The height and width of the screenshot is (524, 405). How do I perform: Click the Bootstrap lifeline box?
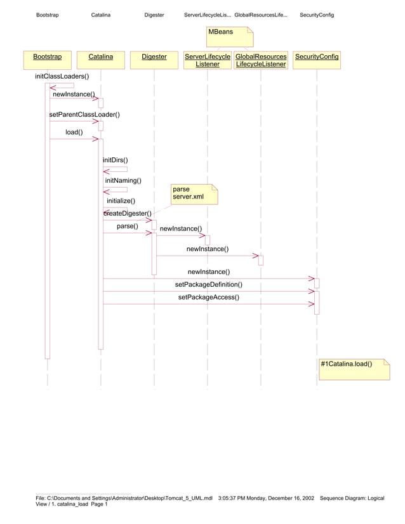coord(48,56)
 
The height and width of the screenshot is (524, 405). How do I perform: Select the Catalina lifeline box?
coord(101,56)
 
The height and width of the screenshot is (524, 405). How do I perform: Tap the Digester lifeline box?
coord(154,56)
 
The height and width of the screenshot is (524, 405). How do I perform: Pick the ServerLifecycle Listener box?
coord(208,60)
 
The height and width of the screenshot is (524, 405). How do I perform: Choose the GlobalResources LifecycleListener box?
coord(261,60)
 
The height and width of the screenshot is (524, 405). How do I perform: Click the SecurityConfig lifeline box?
coord(317,56)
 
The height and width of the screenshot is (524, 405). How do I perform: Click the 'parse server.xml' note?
coord(194,193)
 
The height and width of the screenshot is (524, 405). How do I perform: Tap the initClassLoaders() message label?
coord(62,76)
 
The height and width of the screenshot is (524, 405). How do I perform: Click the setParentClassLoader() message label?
coord(84,115)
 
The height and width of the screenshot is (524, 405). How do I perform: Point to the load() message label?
coord(74,133)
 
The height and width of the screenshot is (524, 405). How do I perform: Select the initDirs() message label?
coord(116,160)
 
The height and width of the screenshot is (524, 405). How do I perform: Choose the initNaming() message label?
coord(123,181)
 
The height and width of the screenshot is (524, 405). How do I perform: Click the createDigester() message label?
coord(128,214)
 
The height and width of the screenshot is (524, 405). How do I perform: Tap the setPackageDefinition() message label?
coord(209,285)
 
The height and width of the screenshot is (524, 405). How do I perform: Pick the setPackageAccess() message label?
coord(209,297)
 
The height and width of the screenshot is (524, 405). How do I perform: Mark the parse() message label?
coord(128,226)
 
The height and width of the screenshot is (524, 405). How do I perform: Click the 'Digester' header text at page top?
coord(154,15)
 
